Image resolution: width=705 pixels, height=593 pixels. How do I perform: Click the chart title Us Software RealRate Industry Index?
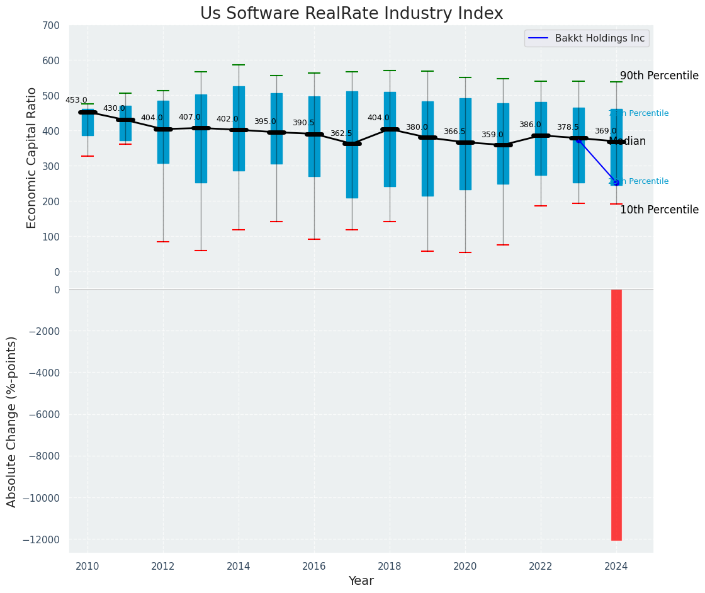(351, 14)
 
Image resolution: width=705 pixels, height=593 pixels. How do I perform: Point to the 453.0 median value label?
(76, 100)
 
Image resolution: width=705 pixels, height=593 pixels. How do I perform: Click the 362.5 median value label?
(341, 133)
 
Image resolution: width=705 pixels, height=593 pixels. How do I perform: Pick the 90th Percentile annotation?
(659, 76)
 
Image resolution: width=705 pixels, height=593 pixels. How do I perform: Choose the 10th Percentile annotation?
(659, 210)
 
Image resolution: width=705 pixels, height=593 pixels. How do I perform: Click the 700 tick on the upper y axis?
(52, 26)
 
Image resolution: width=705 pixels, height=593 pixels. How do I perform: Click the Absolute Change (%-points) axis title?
(12, 421)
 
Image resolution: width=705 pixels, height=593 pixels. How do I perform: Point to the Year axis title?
(361, 581)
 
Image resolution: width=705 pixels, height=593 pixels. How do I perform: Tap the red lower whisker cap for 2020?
(465, 252)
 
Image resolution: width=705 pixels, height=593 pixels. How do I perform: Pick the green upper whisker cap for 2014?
(239, 65)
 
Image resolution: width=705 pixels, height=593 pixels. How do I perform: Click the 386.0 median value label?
(530, 125)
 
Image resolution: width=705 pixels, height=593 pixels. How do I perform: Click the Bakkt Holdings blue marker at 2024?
(616, 183)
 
